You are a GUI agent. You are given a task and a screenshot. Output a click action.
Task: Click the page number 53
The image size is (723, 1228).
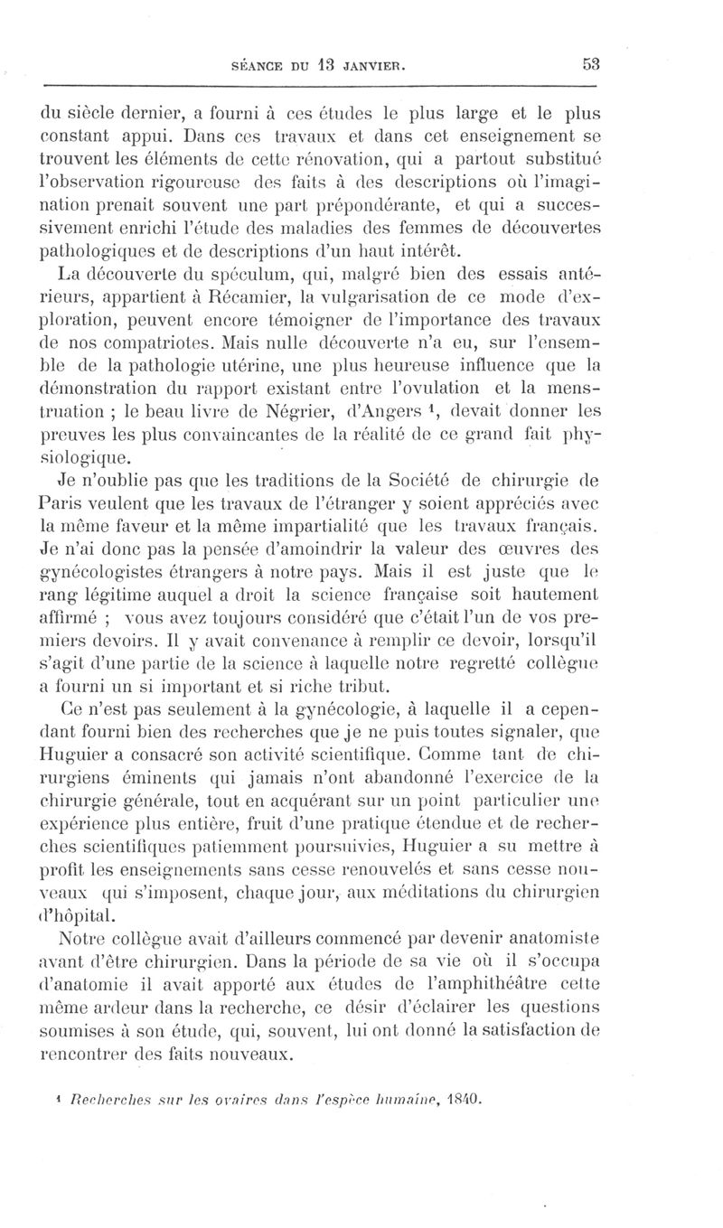(593, 65)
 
